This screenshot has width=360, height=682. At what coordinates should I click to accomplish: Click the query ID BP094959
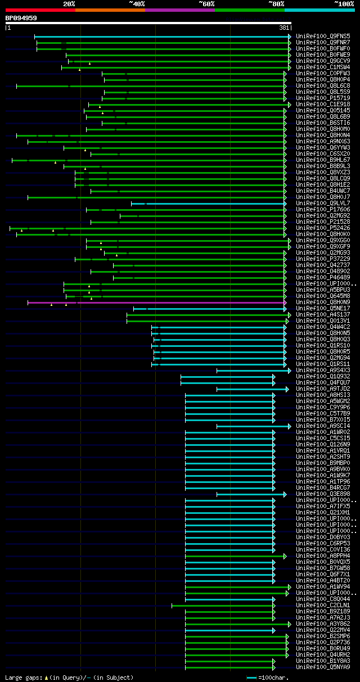[x=21, y=18]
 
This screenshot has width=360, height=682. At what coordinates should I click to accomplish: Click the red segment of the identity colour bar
[x=40, y=10]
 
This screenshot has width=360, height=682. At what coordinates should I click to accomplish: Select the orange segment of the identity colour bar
[x=110, y=10]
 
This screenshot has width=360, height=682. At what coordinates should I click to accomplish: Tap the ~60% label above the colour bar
[x=206, y=3]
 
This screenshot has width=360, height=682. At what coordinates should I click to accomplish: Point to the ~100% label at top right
[x=344, y=3]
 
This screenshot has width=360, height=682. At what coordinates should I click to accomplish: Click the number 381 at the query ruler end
[x=284, y=28]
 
